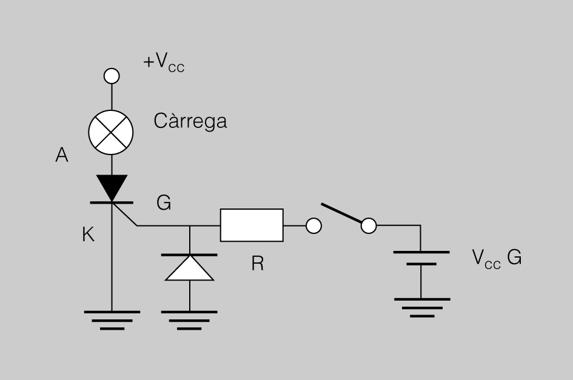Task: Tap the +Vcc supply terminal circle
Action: (x=112, y=76)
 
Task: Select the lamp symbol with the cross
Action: (x=111, y=132)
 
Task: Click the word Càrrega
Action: (x=190, y=121)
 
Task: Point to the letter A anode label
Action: (x=62, y=155)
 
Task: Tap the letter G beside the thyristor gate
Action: (x=164, y=202)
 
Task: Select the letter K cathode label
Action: (x=88, y=234)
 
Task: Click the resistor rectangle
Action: (x=252, y=225)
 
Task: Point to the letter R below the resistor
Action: (x=258, y=264)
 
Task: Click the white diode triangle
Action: (x=189, y=268)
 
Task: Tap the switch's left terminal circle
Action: (x=313, y=225)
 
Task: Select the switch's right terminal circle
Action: (x=369, y=225)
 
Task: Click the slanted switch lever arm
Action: (x=342, y=213)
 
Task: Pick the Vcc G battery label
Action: (x=497, y=258)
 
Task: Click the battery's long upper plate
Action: (x=421, y=252)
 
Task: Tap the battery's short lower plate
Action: (x=421, y=264)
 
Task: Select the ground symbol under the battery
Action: (x=422, y=308)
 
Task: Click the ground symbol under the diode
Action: (x=189, y=321)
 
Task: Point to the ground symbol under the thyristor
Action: (x=112, y=321)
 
